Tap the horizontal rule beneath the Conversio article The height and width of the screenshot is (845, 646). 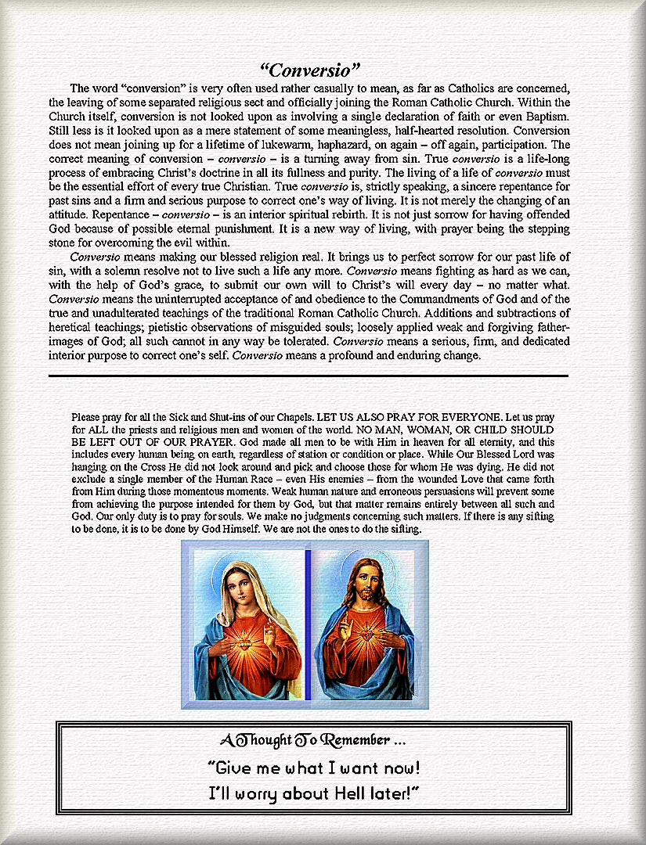[x=308, y=376]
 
